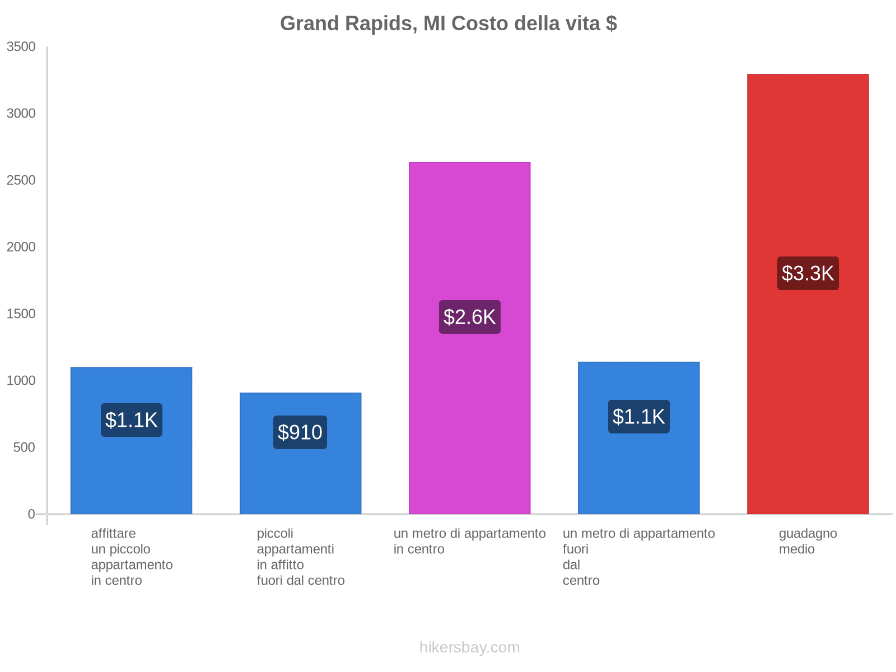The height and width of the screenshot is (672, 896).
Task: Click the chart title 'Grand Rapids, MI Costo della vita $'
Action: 448,24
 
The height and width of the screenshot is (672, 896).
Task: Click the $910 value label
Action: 300,432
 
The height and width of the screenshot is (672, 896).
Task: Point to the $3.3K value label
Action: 808,273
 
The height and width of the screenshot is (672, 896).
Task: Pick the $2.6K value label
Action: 469,317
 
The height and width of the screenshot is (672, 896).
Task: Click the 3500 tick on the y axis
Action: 21,47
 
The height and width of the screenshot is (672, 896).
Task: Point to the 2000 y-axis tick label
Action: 21,247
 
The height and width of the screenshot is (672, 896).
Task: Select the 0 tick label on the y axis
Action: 31,514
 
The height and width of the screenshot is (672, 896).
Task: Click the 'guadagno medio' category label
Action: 808,542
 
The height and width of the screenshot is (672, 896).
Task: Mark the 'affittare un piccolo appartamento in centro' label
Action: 132,557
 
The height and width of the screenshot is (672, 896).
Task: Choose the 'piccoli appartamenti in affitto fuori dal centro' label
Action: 300,557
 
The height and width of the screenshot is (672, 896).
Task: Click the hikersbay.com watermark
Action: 469,647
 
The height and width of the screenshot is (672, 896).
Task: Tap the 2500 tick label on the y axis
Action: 21,180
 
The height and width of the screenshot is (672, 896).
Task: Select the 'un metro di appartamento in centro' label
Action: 469,542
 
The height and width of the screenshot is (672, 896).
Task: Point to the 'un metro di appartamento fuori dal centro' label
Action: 638,557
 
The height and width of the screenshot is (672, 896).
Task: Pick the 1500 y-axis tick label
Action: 21,314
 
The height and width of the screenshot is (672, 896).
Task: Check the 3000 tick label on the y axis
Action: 21,114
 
